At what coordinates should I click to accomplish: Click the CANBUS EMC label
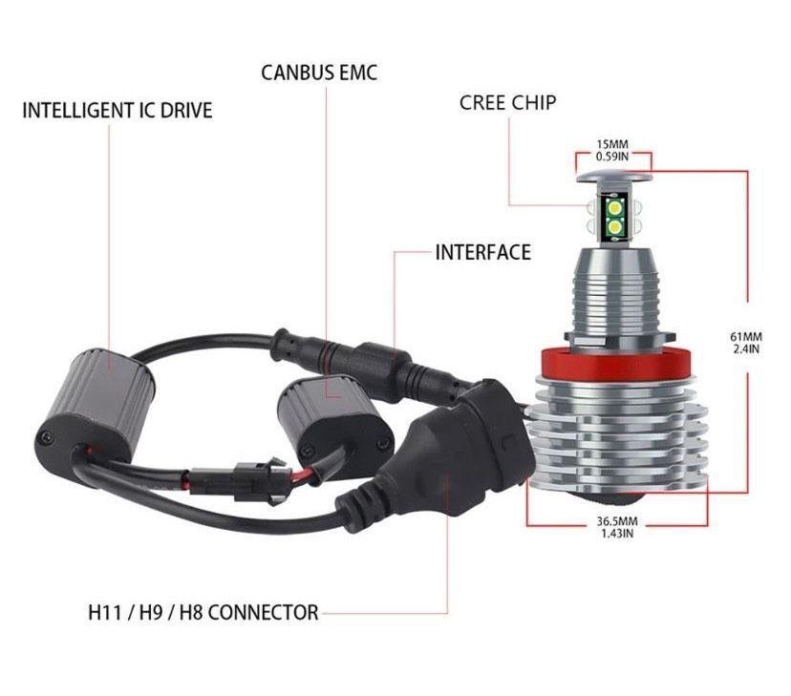point(319,73)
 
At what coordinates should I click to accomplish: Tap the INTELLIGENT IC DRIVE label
point(118,111)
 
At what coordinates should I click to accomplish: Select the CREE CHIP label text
point(507,103)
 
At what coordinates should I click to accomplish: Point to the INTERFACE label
point(482,252)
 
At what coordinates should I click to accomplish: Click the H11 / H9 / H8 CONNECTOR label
point(203,613)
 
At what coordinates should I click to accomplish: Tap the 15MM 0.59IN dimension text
point(612,151)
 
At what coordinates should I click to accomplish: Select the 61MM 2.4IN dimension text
point(746,343)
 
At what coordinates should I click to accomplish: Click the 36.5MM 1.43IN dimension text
point(617,527)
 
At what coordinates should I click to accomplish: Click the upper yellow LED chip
point(615,207)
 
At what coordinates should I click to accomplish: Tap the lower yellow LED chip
point(615,227)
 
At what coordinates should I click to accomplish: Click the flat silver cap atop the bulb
point(613,177)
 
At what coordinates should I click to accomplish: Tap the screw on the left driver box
point(47,436)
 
